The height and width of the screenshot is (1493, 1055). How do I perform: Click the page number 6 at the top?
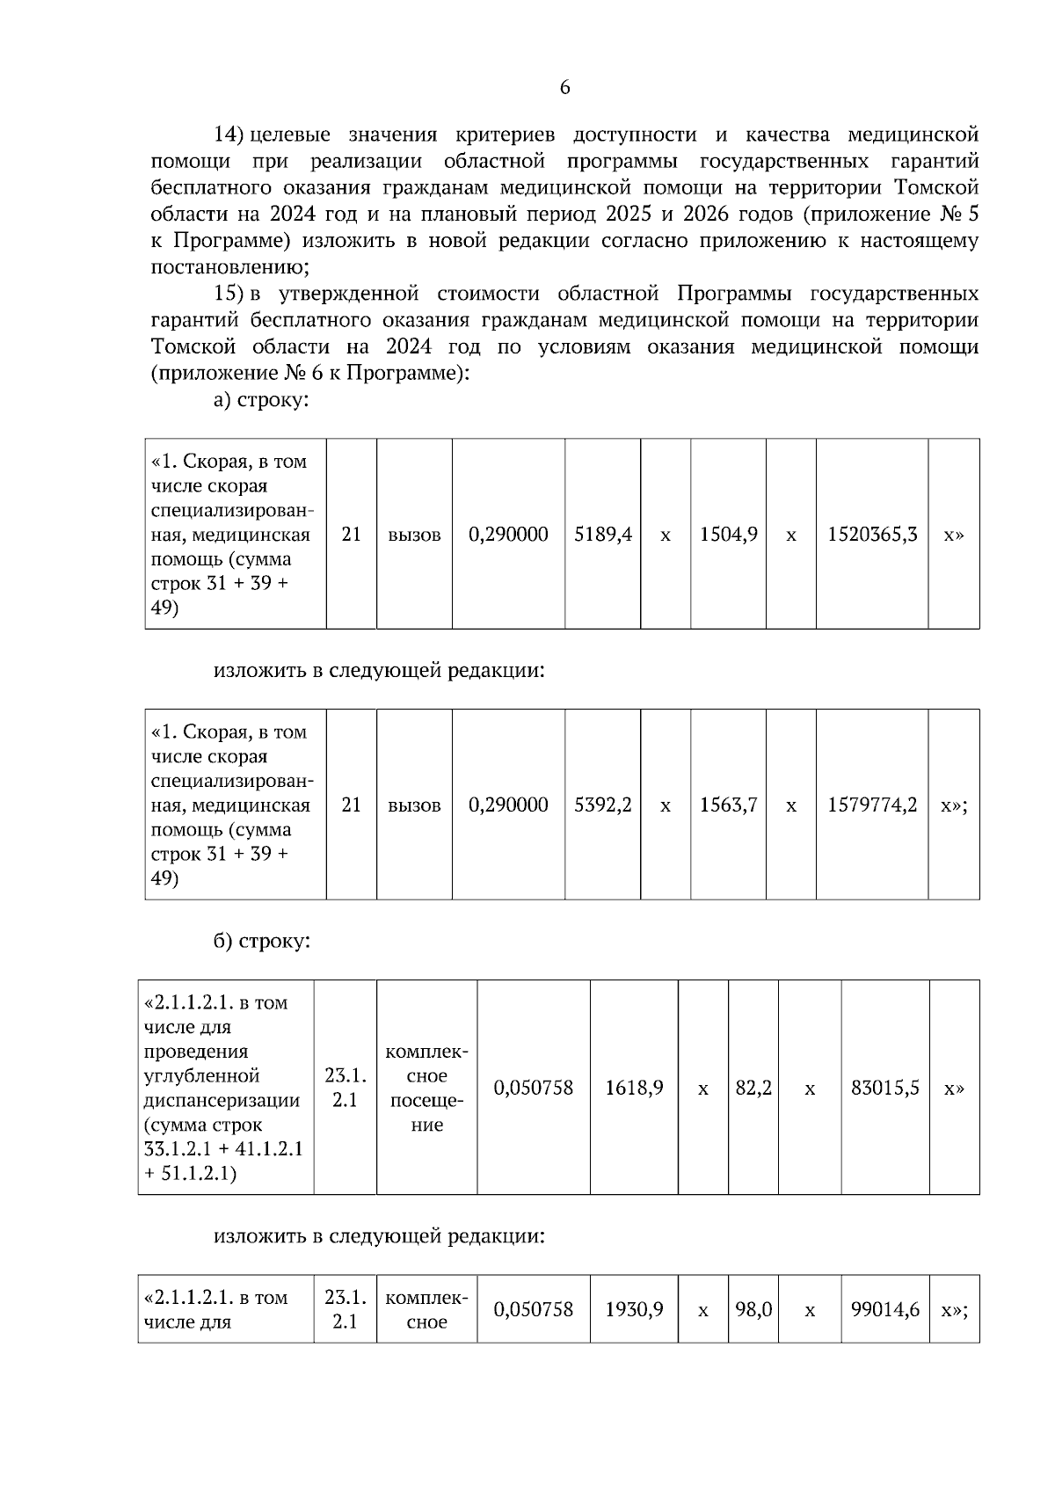tap(564, 87)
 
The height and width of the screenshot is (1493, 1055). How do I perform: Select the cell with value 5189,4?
tap(603, 534)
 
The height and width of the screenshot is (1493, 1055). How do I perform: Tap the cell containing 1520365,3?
tap(872, 534)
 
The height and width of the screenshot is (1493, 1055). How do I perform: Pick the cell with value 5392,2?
tap(603, 805)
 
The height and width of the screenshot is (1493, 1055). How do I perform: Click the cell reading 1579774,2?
tap(872, 805)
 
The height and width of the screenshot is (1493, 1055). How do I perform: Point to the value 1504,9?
tap(729, 534)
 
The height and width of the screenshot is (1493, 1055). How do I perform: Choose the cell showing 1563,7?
tap(729, 805)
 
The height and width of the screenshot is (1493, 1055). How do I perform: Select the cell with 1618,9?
tap(634, 1088)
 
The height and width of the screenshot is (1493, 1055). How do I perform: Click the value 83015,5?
tap(885, 1088)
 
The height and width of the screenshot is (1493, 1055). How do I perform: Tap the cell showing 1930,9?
tap(634, 1309)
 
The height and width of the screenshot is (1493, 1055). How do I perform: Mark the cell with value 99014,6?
tap(885, 1309)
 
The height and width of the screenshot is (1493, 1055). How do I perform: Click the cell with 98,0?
tap(753, 1309)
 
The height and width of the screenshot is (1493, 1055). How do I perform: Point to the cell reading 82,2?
tap(753, 1088)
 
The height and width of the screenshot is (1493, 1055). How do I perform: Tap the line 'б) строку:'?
tap(262, 941)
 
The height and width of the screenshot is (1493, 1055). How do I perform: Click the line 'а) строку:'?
tap(262, 400)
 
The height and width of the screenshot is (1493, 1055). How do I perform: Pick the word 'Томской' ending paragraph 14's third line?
tap(935, 187)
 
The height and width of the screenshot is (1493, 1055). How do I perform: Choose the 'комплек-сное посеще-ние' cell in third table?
tap(427, 1088)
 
